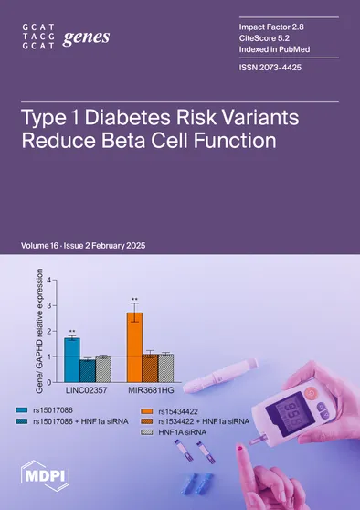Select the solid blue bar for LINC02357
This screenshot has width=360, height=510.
point(72,356)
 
